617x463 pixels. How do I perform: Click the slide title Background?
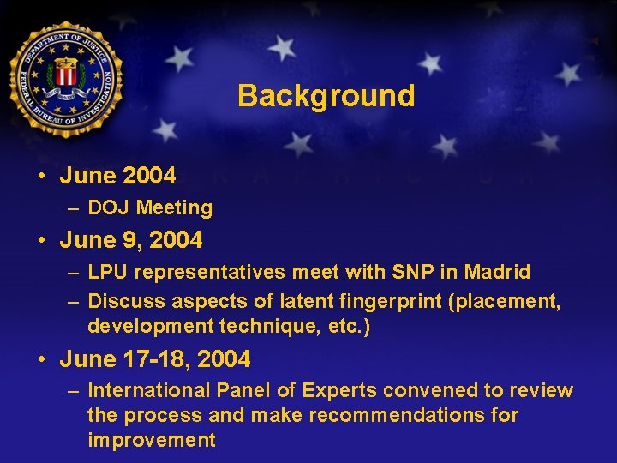pyautogui.click(x=326, y=95)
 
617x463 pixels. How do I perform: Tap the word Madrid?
pyautogui.click(x=497, y=272)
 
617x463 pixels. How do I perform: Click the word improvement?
pyautogui.click(x=152, y=440)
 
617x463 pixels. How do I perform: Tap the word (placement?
pyautogui.click(x=506, y=301)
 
